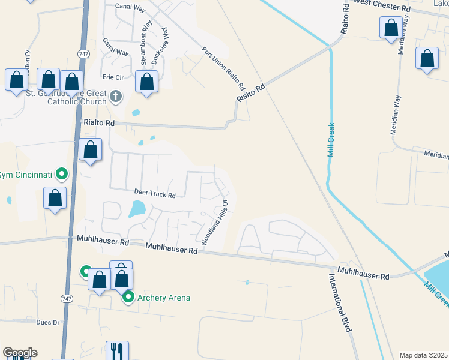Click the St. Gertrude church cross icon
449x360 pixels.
click(x=116, y=95)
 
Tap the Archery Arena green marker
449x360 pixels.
click(x=128, y=297)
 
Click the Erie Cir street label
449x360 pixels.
click(x=113, y=77)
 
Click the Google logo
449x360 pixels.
click(x=20, y=353)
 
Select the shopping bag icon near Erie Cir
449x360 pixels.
click(x=146, y=81)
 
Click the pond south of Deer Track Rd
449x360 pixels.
click(x=137, y=209)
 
